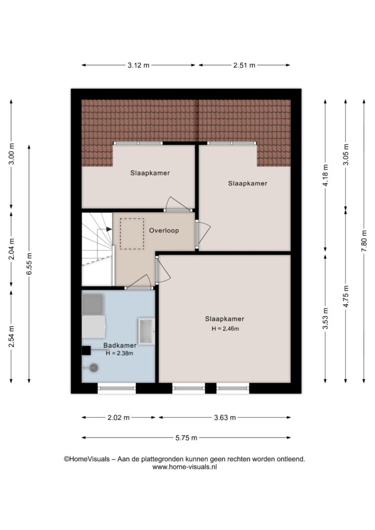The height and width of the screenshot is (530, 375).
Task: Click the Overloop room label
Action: (x=164, y=230)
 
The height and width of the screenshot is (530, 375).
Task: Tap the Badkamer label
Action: (x=120, y=345)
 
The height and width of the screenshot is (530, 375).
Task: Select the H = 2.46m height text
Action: (x=225, y=329)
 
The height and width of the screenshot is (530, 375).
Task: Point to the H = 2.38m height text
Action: (x=119, y=353)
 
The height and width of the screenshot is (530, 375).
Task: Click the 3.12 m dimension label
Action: (x=138, y=65)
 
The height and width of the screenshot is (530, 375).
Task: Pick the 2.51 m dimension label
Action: (x=244, y=65)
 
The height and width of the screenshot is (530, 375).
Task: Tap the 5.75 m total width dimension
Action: (x=186, y=438)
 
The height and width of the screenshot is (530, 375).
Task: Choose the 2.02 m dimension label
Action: (x=118, y=418)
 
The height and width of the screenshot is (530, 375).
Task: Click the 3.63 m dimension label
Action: (x=225, y=418)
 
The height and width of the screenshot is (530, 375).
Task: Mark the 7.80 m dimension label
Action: (x=364, y=241)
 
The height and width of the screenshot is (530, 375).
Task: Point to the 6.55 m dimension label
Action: (x=29, y=263)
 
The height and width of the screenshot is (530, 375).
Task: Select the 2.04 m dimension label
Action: (x=11, y=249)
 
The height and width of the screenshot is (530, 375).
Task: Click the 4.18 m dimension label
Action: (x=325, y=175)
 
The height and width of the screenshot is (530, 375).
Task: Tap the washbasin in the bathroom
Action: (x=147, y=331)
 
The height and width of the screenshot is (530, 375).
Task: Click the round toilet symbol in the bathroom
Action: (x=93, y=368)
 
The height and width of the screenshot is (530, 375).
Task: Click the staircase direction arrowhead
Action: (x=109, y=229)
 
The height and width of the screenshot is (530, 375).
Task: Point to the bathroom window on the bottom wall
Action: (x=117, y=388)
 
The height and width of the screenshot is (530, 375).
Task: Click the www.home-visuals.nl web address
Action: (x=184, y=467)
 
